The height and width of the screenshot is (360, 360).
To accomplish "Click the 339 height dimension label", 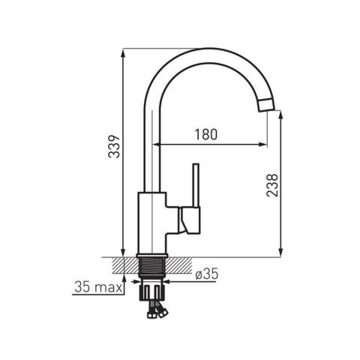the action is (114, 146).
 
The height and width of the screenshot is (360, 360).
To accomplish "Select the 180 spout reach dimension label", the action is (206, 134).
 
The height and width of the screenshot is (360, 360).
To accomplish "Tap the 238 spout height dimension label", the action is (272, 185).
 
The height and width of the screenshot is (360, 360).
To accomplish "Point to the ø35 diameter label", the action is (207, 274).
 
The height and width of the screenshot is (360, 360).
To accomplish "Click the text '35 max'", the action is (98, 287).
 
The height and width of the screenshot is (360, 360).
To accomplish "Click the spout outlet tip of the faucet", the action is (266, 105).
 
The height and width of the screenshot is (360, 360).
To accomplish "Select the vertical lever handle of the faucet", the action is (196, 185).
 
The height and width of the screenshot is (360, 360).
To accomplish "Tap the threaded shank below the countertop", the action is (151, 267).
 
